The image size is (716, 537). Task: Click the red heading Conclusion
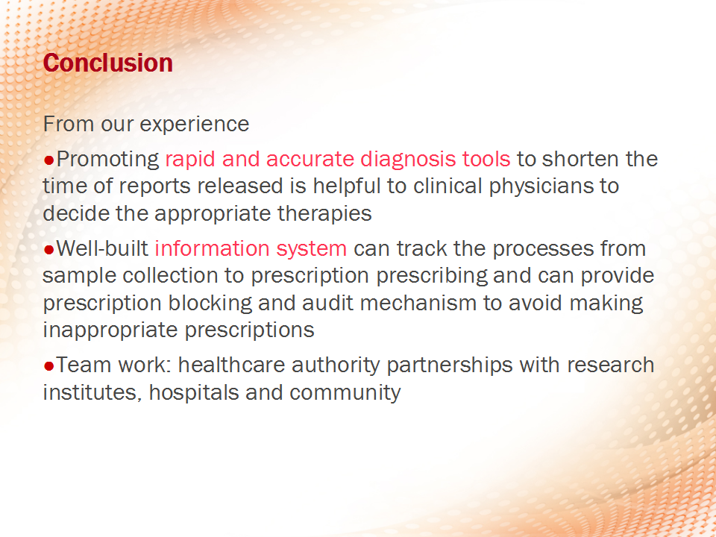click(x=107, y=63)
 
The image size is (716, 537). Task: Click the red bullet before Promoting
click(x=49, y=160)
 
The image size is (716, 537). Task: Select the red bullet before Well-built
click(x=49, y=250)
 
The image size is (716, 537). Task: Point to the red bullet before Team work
click(x=49, y=365)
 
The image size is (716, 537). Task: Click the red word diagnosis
click(x=408, y=160)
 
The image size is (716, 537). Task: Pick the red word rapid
click(x=190, y=160)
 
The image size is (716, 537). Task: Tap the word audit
click(x=328, y=304)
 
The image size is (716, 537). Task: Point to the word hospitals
click(x=194, y=393)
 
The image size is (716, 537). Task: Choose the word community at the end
click(x=345, y=393)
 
